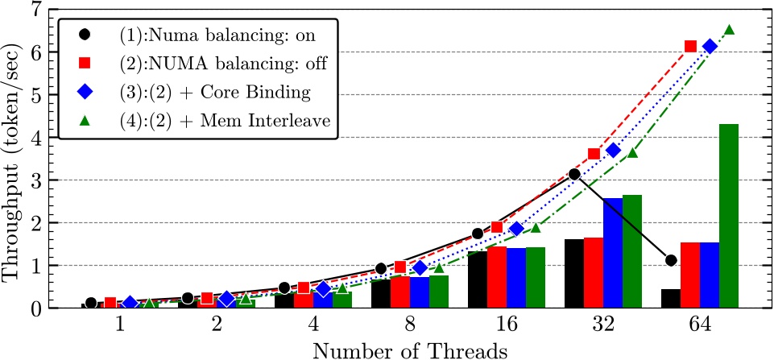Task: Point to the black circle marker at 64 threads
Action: [x=671, y=260]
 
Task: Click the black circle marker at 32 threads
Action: [x=574, y=174]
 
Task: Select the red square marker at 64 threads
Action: [x=690, y=47]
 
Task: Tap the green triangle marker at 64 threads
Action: [x=729, y=30]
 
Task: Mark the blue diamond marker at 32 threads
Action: [x=613, y=151]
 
